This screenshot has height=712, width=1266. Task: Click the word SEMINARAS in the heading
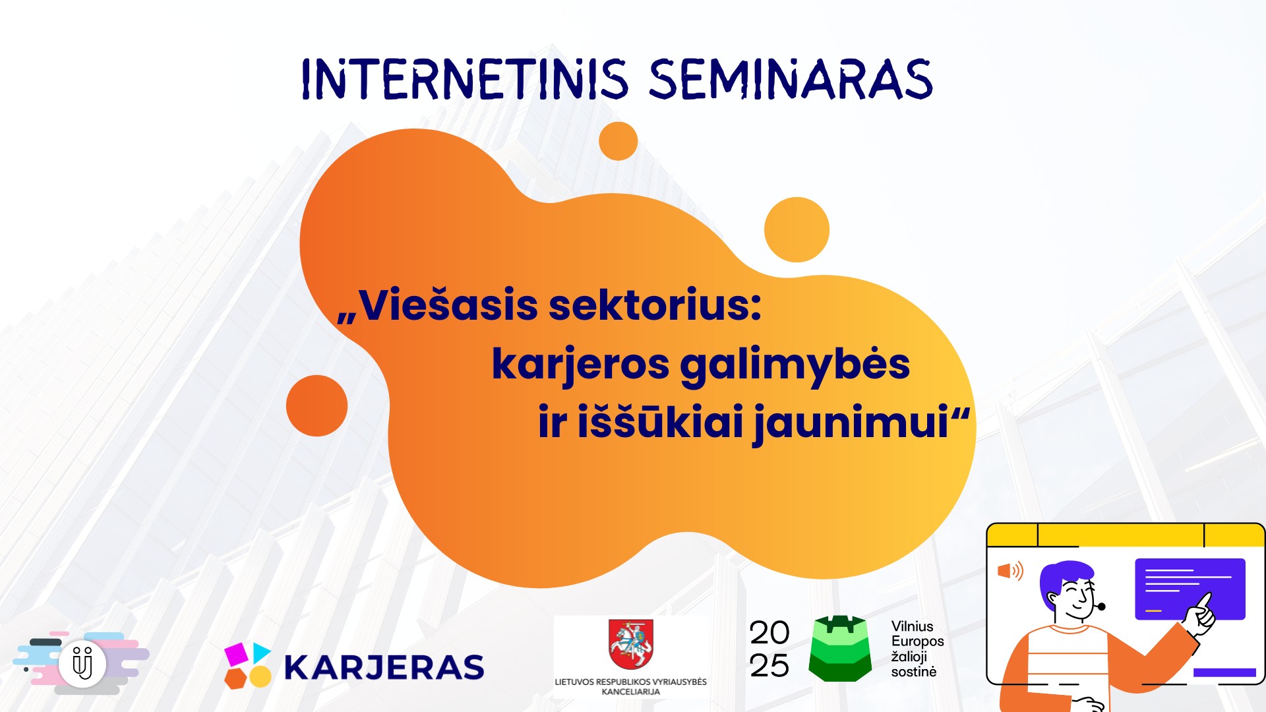(x=791, y=80)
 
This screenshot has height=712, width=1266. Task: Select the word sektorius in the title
(x=655, y=306)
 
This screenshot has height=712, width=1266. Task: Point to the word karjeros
(x=580, y=365)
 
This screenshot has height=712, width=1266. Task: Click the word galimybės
(x=795, y=365)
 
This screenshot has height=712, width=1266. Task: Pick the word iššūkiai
(x=661, y=422)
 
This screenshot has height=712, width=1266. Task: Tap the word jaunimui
(x=851, y=423)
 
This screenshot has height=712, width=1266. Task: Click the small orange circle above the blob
(x=618, y=140)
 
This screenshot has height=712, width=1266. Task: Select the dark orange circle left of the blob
(x=316, y=405)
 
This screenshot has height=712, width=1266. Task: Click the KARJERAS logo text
(x=384, y=667)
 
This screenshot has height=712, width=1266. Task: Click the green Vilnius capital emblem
(x=839, y=649)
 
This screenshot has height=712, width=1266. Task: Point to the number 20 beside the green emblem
(x=769, y=633)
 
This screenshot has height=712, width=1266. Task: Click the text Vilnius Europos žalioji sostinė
(x=917, y=649)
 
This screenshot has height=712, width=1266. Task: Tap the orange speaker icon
(x=1010, y=571)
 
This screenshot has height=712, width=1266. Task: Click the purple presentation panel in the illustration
(x=1190, y=589)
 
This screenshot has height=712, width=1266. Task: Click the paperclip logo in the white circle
(x=82, y=663)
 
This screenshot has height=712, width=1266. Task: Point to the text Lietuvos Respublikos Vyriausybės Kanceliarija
(x=630, y=686)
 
